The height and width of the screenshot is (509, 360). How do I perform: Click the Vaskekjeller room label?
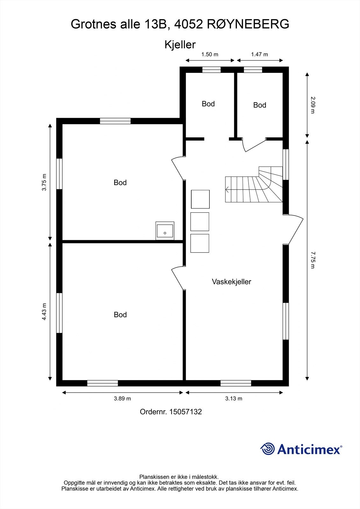click(231, 282)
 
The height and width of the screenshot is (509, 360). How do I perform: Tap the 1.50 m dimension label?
click(210, 54)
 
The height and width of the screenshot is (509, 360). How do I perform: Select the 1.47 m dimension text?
click(259, 54)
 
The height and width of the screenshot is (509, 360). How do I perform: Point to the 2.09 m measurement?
click(313, 105)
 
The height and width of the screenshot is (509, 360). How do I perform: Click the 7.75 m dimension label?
click(313, 260)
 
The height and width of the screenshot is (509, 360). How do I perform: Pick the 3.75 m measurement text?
click(44, 182)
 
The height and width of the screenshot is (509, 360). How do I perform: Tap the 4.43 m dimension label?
click(44, 311)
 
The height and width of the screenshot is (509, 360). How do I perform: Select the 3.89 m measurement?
click(122, 398)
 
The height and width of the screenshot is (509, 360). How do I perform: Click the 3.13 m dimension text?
click(234, 398)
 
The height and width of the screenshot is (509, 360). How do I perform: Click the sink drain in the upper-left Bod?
click(165, 233)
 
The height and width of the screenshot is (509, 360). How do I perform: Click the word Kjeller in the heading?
click(180, 45)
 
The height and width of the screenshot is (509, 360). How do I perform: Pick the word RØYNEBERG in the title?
click(248, 24)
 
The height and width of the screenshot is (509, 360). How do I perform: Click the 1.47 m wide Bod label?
click(259, 105)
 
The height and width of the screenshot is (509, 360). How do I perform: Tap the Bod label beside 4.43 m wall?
click(120, 315)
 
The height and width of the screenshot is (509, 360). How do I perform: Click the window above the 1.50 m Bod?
click(211, 70)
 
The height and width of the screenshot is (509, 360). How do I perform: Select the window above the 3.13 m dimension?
click(236, 383)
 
